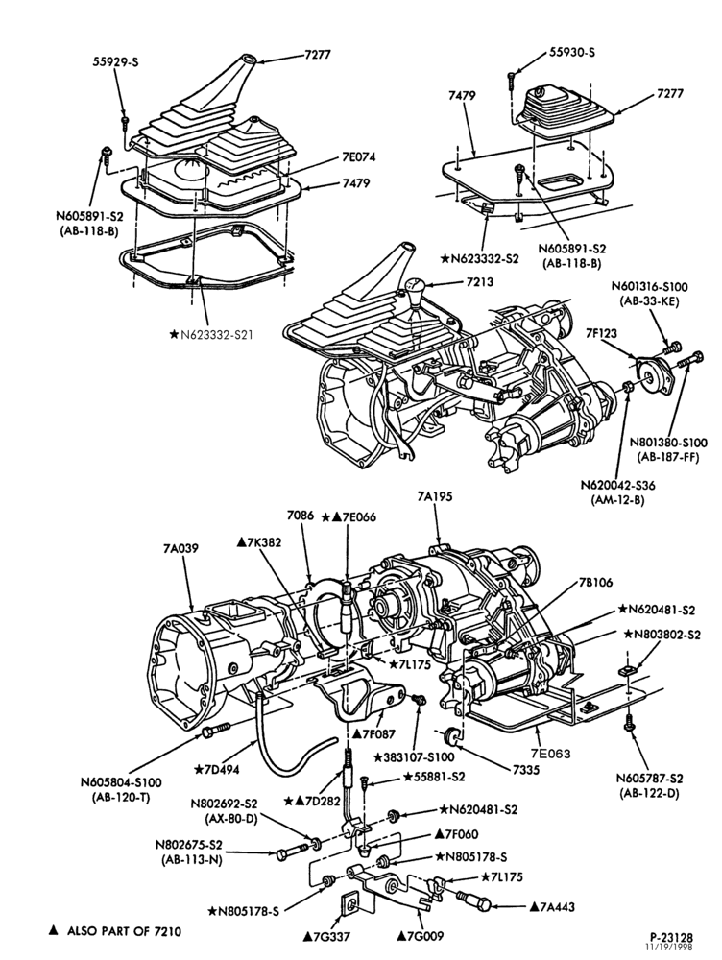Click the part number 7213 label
coord(479,283)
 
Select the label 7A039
coord(180,548)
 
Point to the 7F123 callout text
coord(600,334)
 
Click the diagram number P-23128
coord(671,937)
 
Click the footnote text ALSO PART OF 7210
coord(124,931)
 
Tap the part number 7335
coord(526,770)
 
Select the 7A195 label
coord(435,497)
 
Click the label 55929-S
coord(116,61)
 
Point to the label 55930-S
coord(572,53)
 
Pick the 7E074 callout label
coord(358,156)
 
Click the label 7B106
coord(594,583)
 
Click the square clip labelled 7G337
coord(349,903)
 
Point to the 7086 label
coord(301,516)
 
